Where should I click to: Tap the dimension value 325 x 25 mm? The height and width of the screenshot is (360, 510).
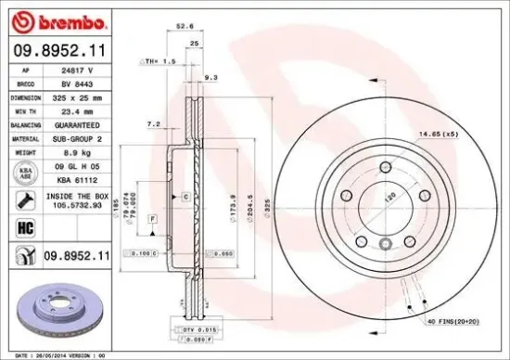point(76,96)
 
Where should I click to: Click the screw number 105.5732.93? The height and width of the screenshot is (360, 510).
point(77,206)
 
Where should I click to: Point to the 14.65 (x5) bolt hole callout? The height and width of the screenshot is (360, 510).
point(436,135)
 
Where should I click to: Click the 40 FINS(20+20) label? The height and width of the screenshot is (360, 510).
point(455,320)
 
